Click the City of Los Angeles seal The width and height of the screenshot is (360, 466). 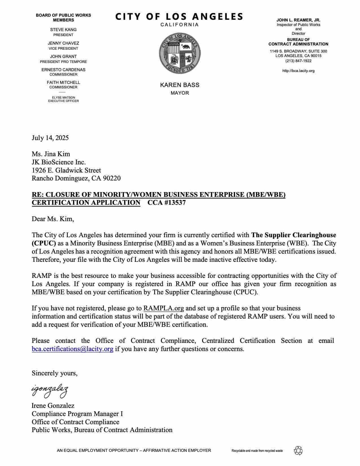click(x=180, y=53)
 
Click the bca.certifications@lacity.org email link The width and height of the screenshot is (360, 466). click(x=73, y=349)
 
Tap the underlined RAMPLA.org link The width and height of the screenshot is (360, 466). click(x=163, y=308)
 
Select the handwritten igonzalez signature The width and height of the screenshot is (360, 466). click(x=50, y=391)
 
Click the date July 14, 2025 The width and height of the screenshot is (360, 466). click(x=50, y=138)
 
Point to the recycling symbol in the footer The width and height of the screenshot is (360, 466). click(x=298, y=450)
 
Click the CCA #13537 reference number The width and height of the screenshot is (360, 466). click(x=167, y=202)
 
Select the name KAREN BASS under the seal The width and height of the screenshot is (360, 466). click(x=180, y=85)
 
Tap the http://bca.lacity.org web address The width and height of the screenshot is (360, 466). click(x=298, y=71)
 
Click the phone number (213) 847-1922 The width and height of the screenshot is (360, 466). click(x=298, y=61)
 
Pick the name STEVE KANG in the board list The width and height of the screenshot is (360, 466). click(x=63, y=30)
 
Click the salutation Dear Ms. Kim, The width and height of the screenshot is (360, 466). click(x=53, y=219)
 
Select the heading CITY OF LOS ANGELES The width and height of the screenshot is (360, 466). click(x=179, y=17)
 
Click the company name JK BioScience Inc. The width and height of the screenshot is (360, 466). click(x=59, y=162)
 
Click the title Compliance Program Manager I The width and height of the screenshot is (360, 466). click(x=77, y=414)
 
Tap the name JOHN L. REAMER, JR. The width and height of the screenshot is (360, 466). click(x=298, y=20)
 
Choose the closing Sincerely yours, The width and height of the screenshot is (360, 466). click(x=54, y=373)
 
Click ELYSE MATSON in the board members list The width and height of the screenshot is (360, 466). click(x=63, y=97)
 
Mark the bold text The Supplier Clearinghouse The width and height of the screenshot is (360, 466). click(x=294, y=235)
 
